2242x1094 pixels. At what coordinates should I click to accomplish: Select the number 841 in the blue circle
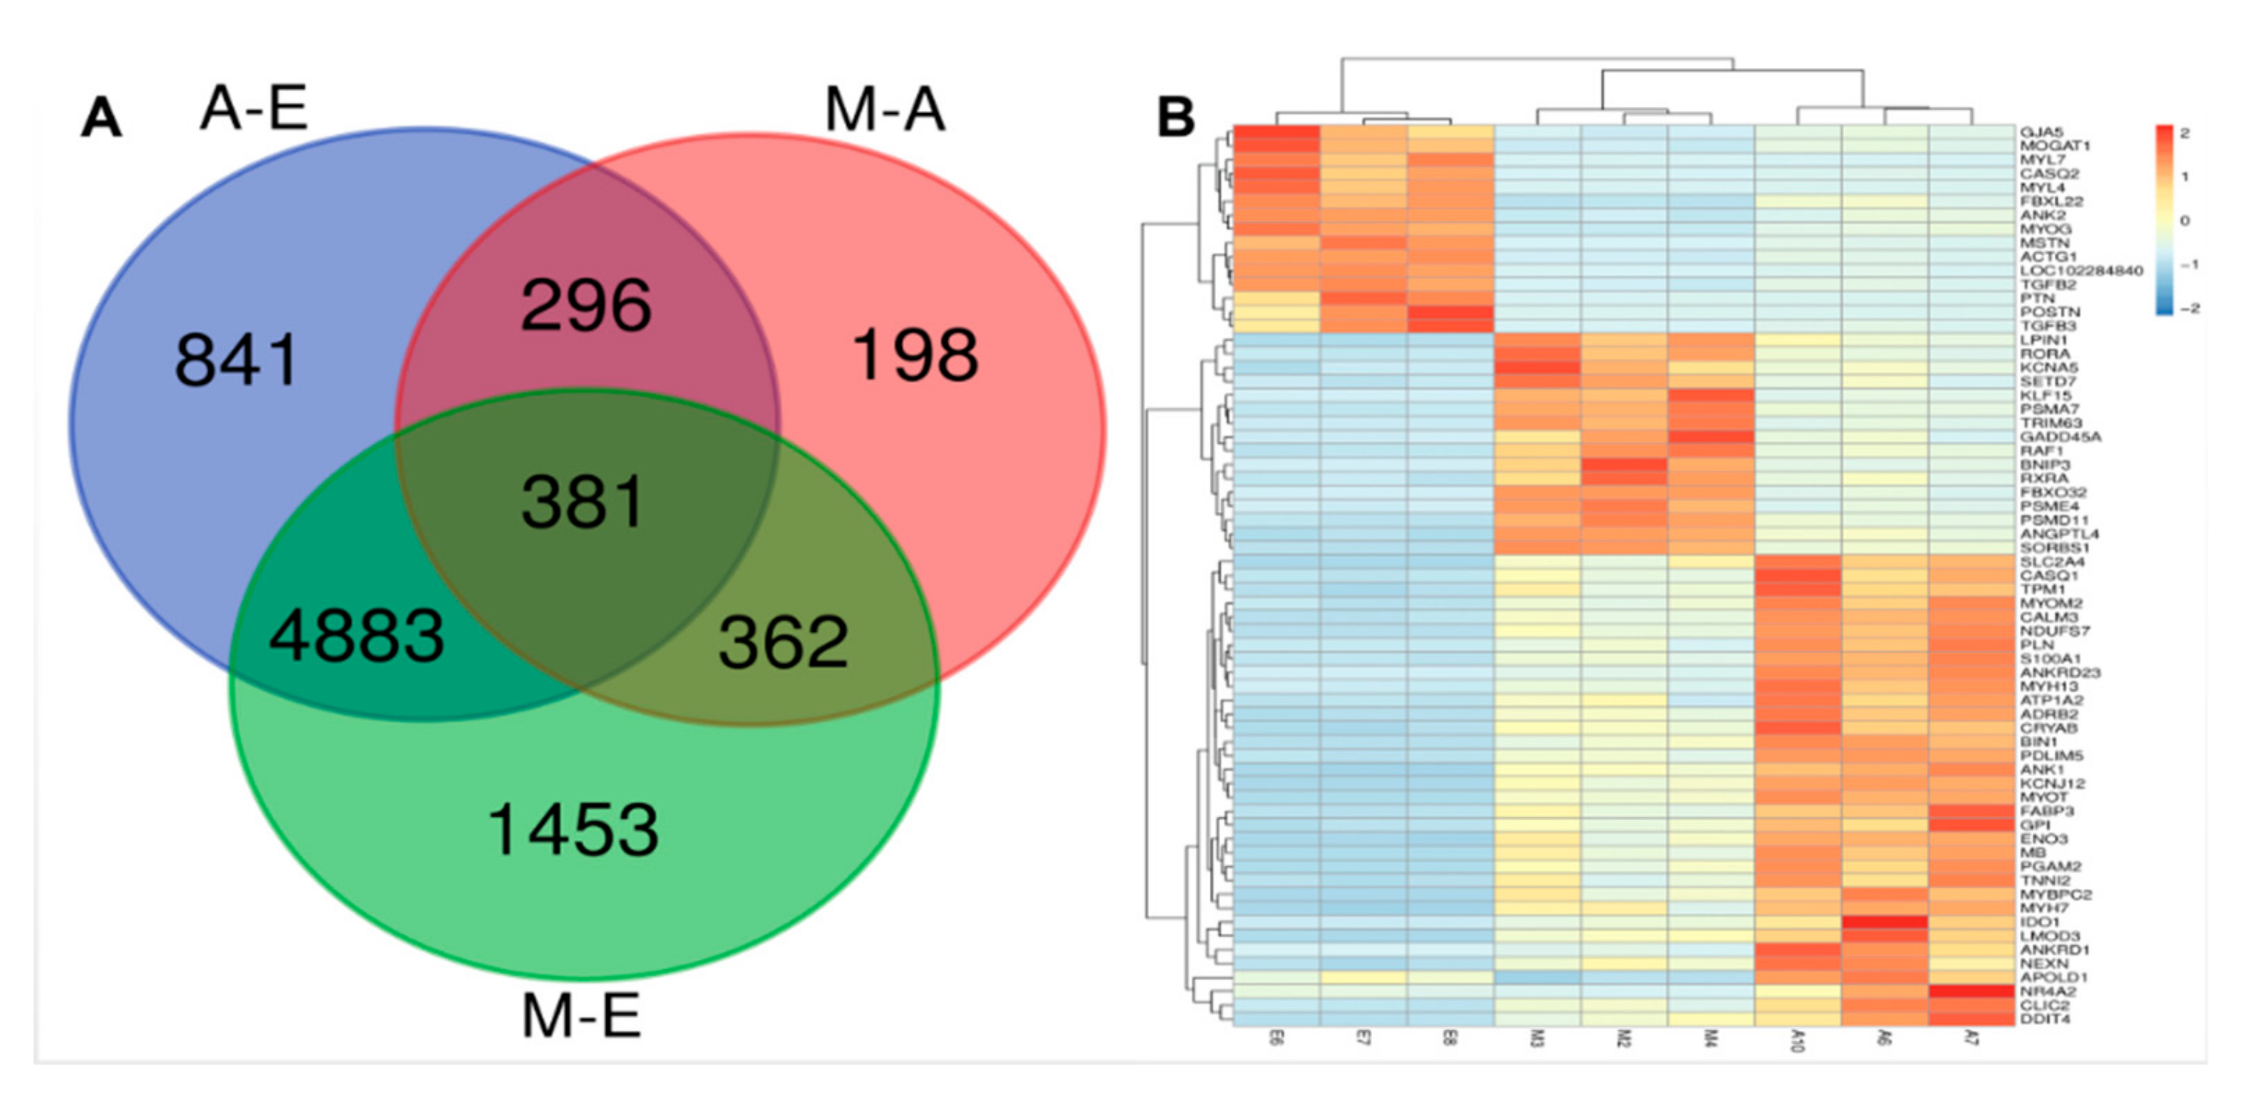[x=237, y=359]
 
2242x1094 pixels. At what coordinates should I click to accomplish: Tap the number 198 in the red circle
[x=915, y=355]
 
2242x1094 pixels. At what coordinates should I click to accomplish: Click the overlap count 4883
[x=357, y=635]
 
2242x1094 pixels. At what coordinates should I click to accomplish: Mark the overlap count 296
[x=586, y=305]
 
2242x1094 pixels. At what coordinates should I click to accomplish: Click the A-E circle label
[x=253, y=109]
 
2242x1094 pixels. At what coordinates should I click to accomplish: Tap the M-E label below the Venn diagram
[x=581, y=1016]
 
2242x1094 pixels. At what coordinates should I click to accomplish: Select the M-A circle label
[x=884, y=110]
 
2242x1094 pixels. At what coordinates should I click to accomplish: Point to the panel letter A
[x=101, y=118]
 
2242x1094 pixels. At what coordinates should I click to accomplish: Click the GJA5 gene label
[x=2041, y=132]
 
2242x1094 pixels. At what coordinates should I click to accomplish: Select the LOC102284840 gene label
[x=2081, y=271]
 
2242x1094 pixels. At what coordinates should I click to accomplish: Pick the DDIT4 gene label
[x=2044, y=1019]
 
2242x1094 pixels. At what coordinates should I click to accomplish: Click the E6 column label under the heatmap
[x=1276, y=1039]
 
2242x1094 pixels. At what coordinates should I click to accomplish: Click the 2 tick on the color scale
[x=2184, y=133]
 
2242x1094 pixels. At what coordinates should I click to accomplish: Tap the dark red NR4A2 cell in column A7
[x=1971, y=991]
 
